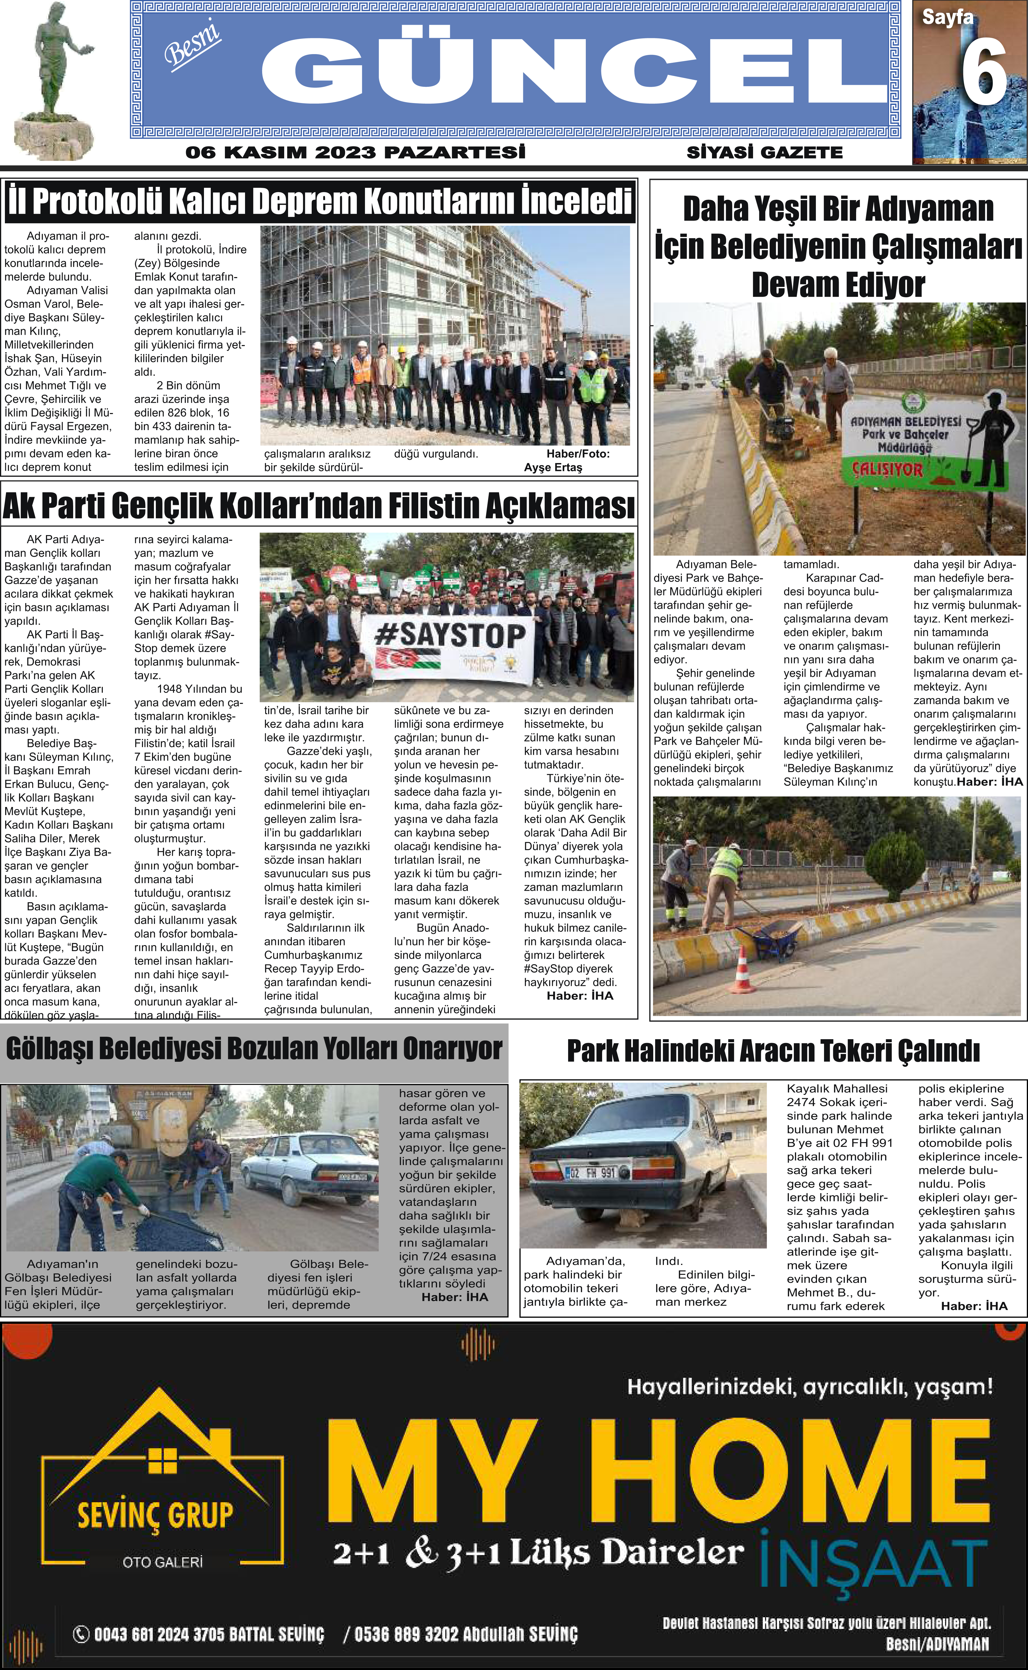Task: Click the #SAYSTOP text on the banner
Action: (x=450, y=635)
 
